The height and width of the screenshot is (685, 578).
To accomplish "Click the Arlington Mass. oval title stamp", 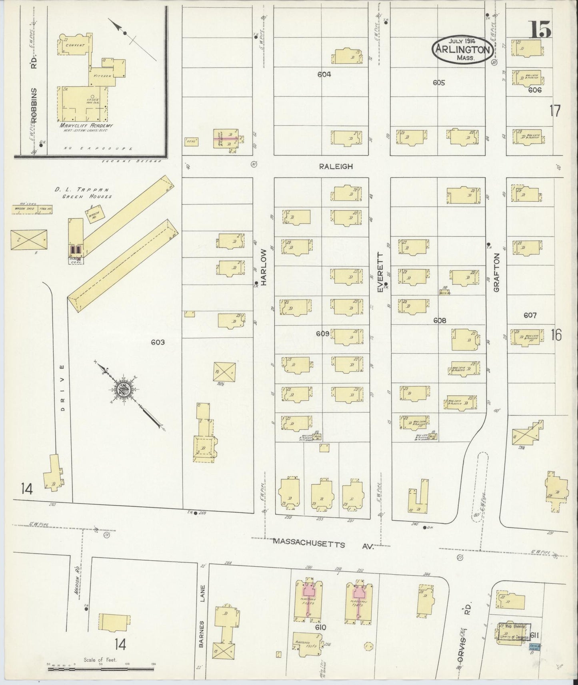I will point(462,50).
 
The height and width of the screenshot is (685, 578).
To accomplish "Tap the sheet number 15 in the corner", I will point(540,30).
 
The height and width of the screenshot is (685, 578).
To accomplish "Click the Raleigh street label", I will point(336,166).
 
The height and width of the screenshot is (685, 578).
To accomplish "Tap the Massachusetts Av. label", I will point(324,543).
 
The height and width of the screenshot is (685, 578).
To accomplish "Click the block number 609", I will point(322,333).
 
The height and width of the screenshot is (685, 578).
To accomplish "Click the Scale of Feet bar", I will point(101,668).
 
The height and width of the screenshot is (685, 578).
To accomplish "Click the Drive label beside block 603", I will point(62,388).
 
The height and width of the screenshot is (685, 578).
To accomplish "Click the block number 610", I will point(320,627).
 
